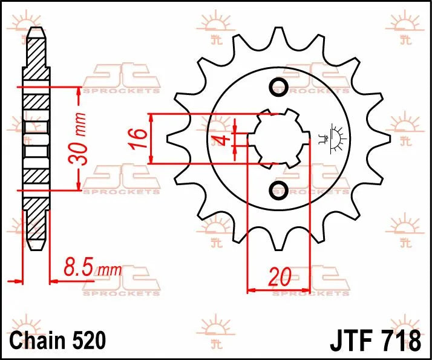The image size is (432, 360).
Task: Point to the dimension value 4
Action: (x=223, y=141)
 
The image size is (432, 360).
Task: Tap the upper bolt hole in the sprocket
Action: (x=279, y=87)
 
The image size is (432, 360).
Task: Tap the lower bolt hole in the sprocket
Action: (x=279, y=189)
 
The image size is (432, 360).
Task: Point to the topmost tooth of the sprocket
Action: (x=279, y=34)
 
